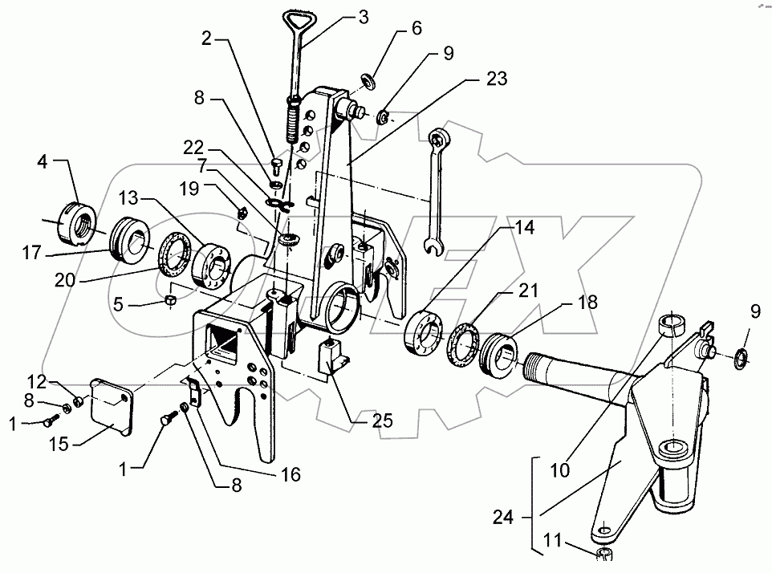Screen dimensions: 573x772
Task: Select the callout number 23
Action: [x=496, y=79]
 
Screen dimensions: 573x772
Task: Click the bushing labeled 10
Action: [x=670, y=327]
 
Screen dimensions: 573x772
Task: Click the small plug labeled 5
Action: [x=170, y=300]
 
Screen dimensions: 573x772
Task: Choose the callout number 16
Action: [x=290, y=474]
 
